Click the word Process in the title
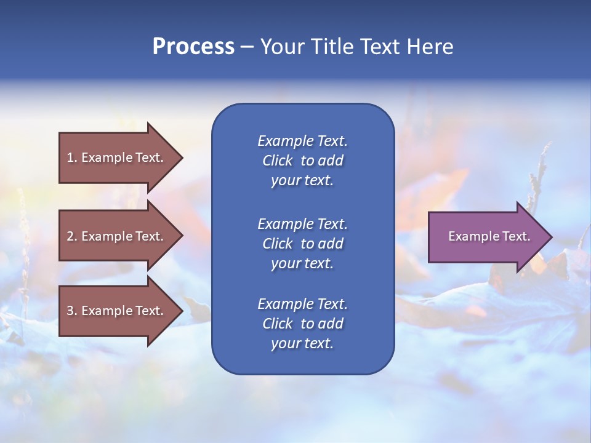(x=193, y=47)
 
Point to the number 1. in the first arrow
(x=72, y=158)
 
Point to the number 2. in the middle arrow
(x=72, y=236)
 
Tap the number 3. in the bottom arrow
(x=72, y=311)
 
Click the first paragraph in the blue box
(x=302, y=161)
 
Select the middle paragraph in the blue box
(x=302, y=244)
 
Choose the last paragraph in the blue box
(x=302, y=324)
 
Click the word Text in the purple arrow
(x=516, y=236)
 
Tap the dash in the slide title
(x=247, y=47)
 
